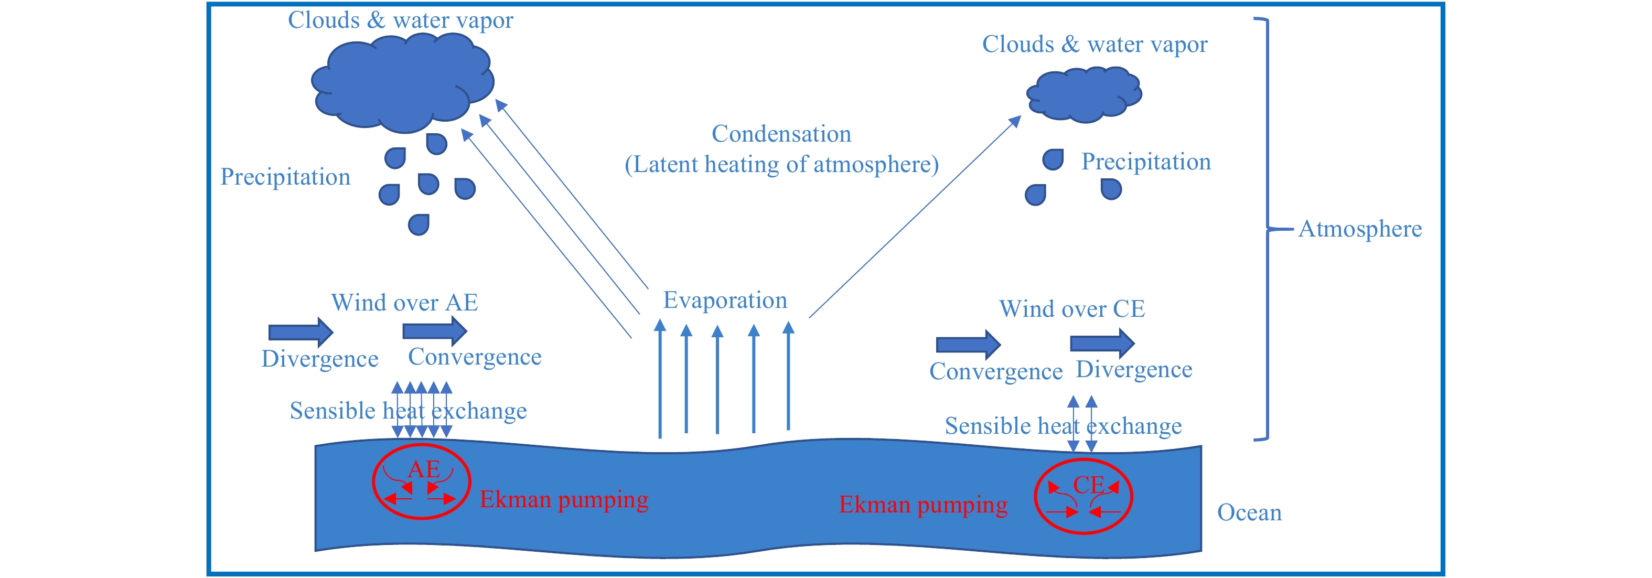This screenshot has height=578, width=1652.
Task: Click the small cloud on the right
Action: click(1084, 94)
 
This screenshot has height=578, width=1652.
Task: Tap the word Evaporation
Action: click(725, 300)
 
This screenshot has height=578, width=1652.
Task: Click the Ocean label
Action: click(1249, 512)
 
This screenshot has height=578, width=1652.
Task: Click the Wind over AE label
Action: click(405, 302)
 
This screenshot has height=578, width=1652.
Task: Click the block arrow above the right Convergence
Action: click(968, 345)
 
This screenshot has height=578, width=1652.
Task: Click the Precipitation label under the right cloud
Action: click(1146, 162)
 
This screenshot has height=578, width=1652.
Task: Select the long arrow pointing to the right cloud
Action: click(915, 217)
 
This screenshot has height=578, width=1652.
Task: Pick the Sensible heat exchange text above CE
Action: click(1063, 426)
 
